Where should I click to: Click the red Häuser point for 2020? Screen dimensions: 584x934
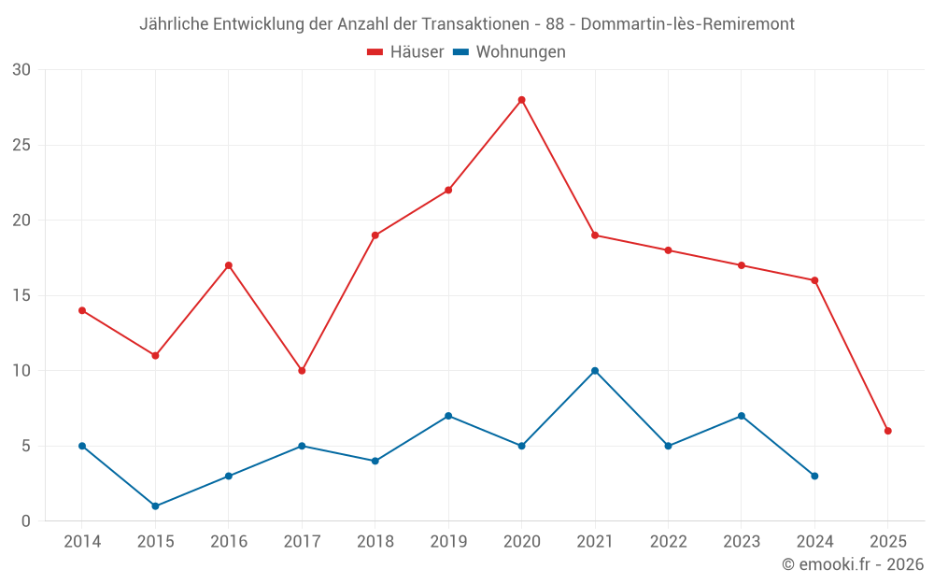(x=521, y=100)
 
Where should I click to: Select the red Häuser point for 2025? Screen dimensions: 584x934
(x=888, y=431)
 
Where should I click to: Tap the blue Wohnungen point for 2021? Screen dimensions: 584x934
(x=595, y=371)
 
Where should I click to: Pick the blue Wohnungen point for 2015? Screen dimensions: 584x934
(x=155, y=506)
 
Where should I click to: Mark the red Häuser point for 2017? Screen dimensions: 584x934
(x=302, y=371)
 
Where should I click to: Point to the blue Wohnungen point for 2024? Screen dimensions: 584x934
(x=814, y=477)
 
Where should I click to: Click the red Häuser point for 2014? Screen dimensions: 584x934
(x=82, y=310)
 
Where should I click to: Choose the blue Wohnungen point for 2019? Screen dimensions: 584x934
(x=448, y=416)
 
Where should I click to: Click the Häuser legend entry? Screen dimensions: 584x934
(x=405, y=52)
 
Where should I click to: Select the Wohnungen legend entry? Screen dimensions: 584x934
(x=509, y=52)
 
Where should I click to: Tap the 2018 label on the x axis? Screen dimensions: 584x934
(x=375, y=542)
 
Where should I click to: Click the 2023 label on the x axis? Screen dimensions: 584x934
(x=742, y=542)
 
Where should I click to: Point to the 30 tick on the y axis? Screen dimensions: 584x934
(x=21, y=70)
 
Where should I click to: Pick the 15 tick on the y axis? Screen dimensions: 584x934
(x=21, y=295)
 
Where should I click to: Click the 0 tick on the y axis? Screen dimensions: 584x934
(x=26, y=521)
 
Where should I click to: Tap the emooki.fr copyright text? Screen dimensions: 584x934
(x=853, y=564)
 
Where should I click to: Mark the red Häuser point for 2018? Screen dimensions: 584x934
(x=375, y=235)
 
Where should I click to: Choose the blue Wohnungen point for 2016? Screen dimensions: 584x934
(x=229, y=477)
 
